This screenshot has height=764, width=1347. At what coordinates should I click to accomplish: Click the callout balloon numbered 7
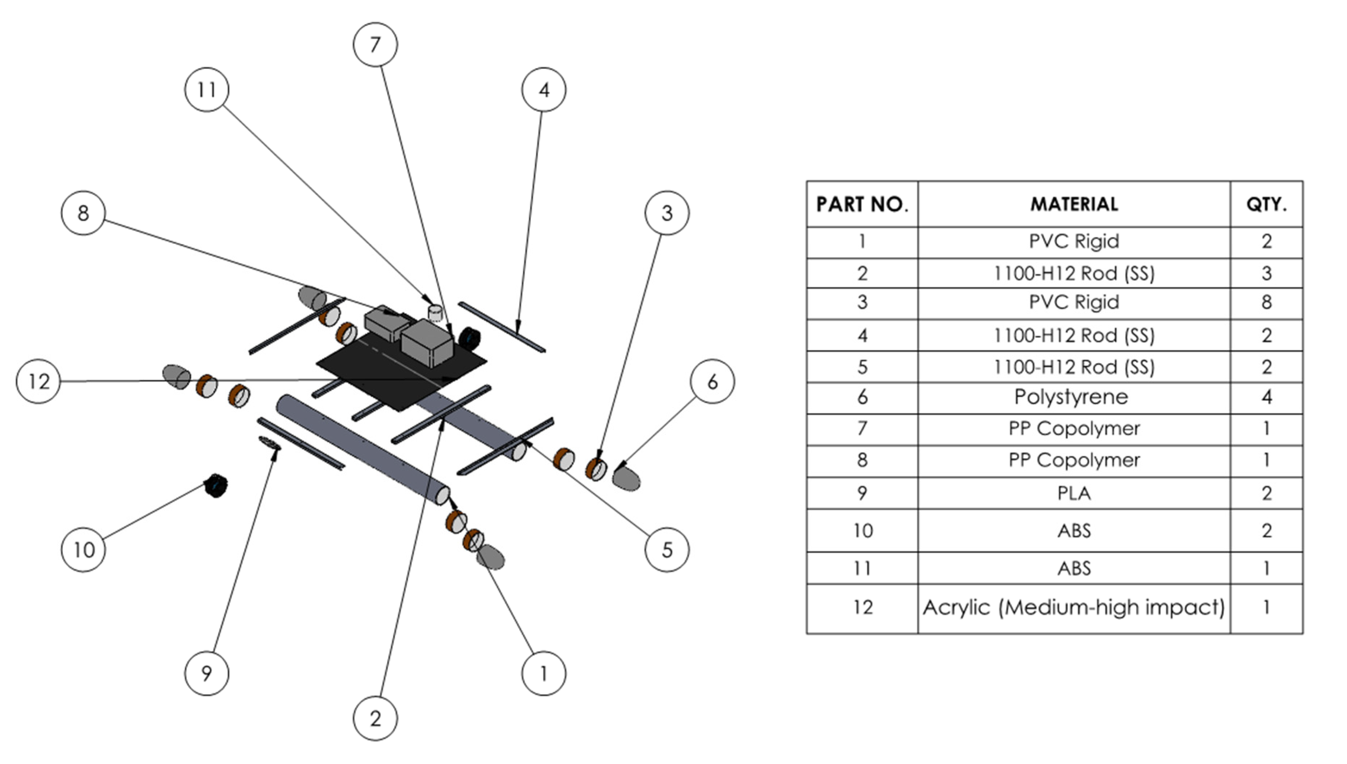[x=375, y=45]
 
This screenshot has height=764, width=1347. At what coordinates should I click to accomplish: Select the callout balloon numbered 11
[x=207, y=90]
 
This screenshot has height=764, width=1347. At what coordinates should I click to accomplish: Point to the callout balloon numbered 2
[x=375, y=718]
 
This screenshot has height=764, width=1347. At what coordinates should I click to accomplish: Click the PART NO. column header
[x=862, y=204]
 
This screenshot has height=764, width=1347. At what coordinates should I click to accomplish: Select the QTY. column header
[x=1266, y=204]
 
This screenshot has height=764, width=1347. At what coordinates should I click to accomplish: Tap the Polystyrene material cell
[x=1073, y=397]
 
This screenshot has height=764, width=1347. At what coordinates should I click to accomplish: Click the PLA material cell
[x=1073, y=493]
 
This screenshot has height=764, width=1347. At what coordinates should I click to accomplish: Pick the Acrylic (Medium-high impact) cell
[x=1073, y=608]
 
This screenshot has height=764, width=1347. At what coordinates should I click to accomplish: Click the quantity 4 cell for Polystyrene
[x=1266, y=397]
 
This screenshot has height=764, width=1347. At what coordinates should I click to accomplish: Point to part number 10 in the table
[x=862, y=530]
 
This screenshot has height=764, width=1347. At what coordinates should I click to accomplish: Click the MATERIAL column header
[x=1073, y=204]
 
